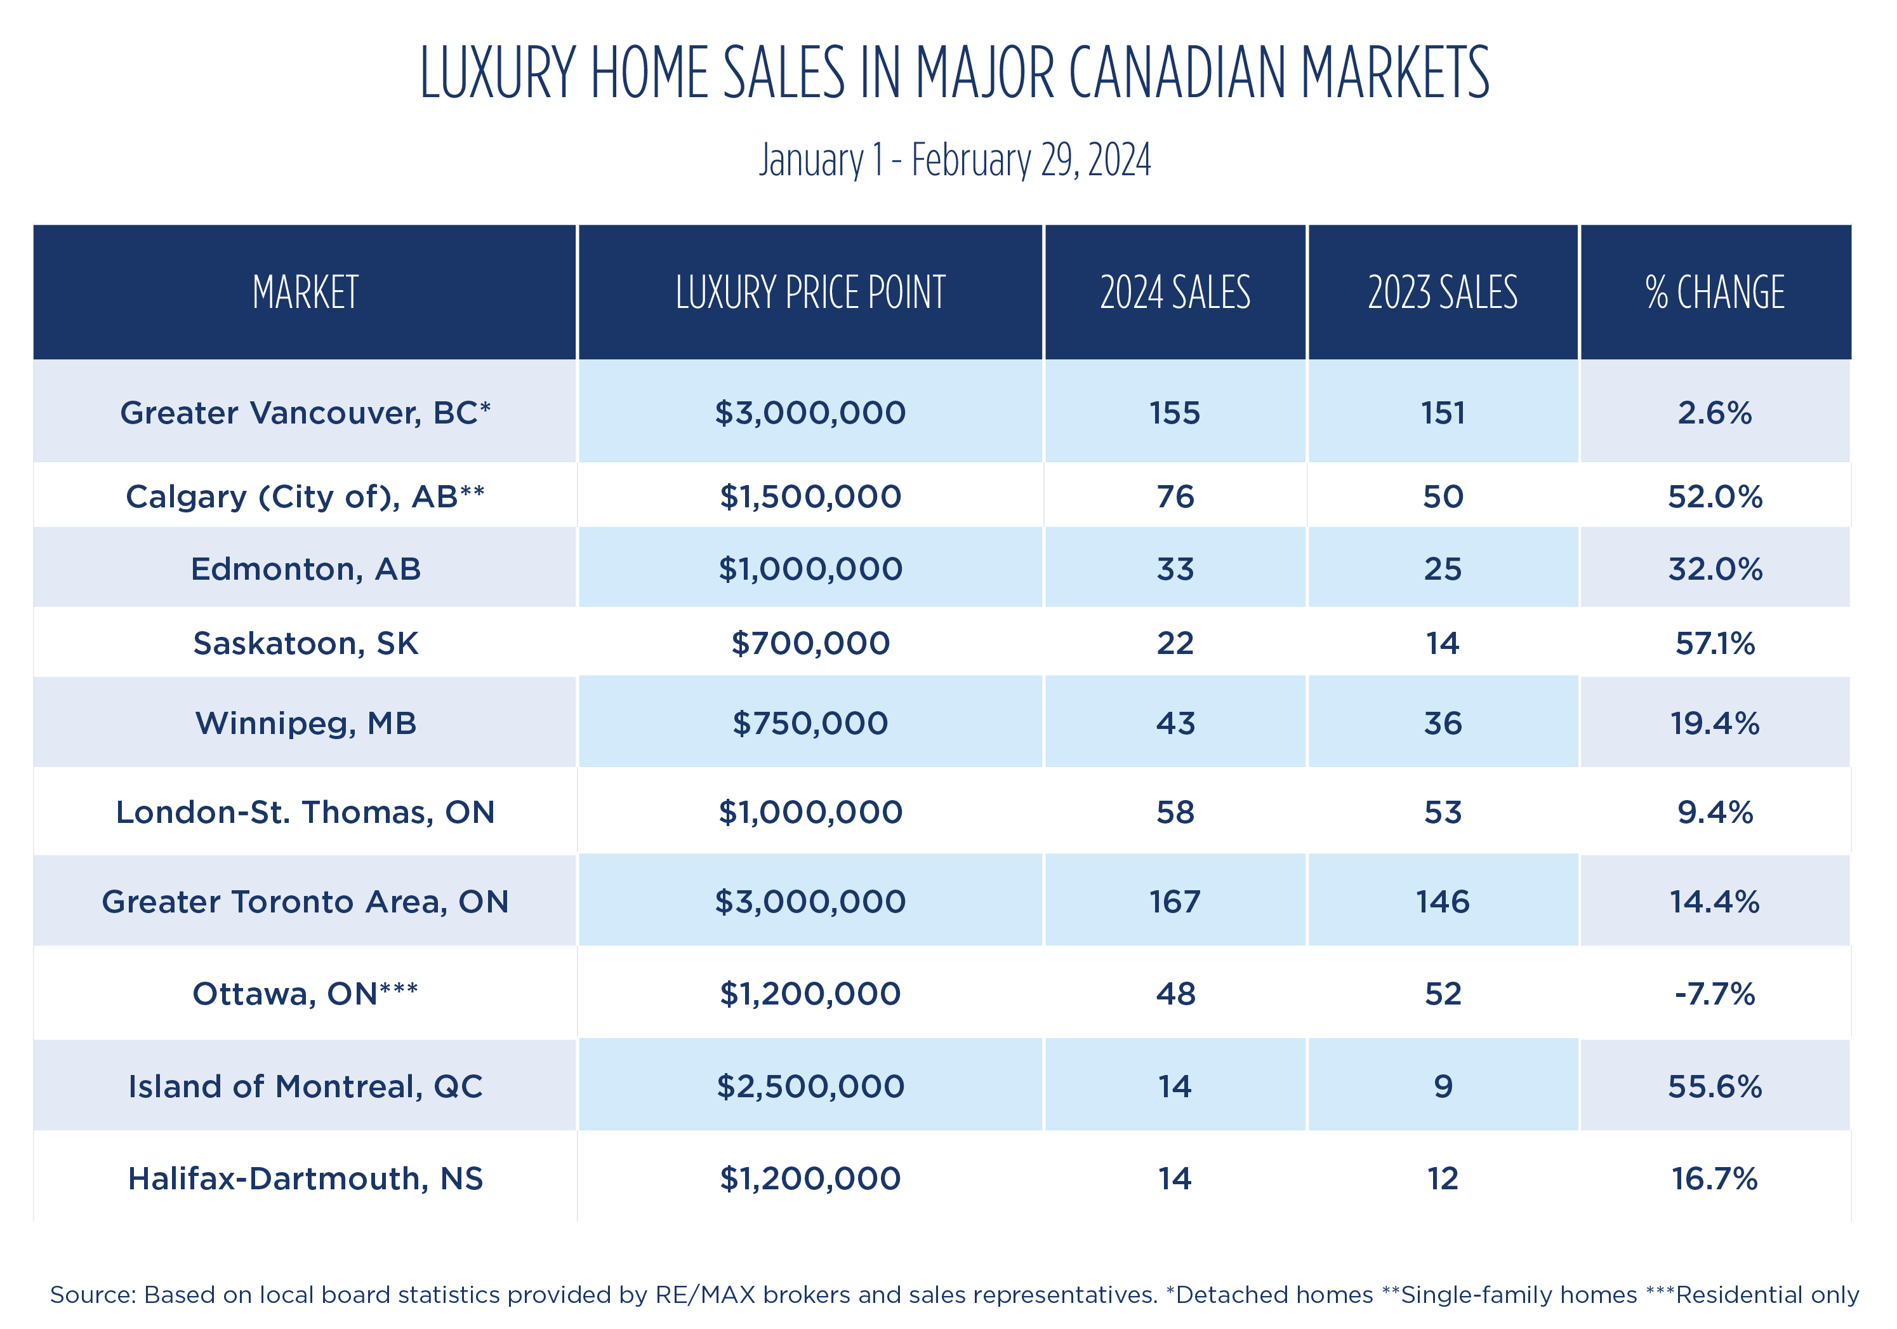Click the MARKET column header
(x=305, y=293)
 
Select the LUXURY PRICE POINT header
(x=810, y=293)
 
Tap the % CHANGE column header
(x=1714, y=293)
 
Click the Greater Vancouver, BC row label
(x=305, y=413)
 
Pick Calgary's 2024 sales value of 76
(x=1175, y=497)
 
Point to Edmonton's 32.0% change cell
(x=1714, y=570)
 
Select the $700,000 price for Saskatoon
(x=810, y=643)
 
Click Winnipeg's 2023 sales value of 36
(x=1443, y=723)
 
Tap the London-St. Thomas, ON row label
(x=305, y=812)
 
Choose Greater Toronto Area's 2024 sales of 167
(x=1175, y=902)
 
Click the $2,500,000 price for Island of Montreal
(x=810, y=1086)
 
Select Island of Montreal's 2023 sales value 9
(x=1443, y=1086)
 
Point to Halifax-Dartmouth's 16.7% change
(x=1714, y=1179)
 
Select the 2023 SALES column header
(x=1443, y=293)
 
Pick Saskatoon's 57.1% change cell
(x=1714, y=643)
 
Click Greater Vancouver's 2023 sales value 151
(x=1443, y=413)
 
